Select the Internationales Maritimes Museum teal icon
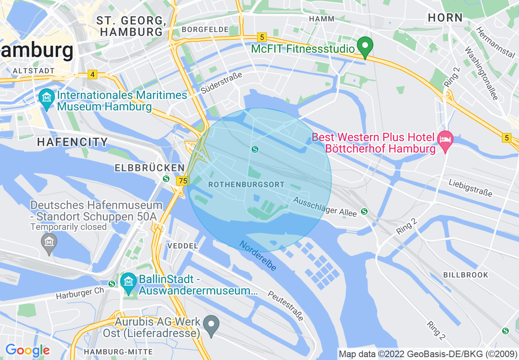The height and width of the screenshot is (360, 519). coord(47,98)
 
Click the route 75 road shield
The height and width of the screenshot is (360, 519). coord(183,180)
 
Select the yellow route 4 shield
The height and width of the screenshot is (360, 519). coord(93,74)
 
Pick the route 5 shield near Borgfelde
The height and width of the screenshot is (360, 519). coord(262,37)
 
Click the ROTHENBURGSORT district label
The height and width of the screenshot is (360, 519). coord(246,184)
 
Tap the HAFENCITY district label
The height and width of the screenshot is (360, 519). coord(72,142)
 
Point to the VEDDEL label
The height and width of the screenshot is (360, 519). coord(183,246)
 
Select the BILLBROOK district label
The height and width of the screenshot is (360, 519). coord(466,275)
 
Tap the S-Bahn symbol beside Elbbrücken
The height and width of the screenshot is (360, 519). coord(166,179)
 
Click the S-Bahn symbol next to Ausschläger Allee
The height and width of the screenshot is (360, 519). coord(364,211)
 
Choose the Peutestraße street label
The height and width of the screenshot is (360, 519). coord(286,306)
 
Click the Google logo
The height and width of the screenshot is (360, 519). coord(27,350)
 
